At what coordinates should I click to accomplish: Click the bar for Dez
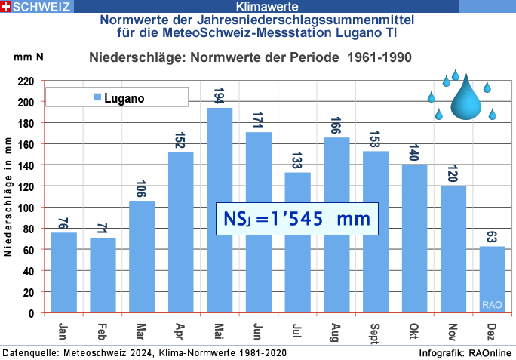493,279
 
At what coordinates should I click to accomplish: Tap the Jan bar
63,272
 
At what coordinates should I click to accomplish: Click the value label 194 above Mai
220,96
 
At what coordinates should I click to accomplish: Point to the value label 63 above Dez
493,235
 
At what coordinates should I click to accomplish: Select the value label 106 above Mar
142,189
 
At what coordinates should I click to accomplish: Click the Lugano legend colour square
96,98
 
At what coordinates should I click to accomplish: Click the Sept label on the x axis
376,332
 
